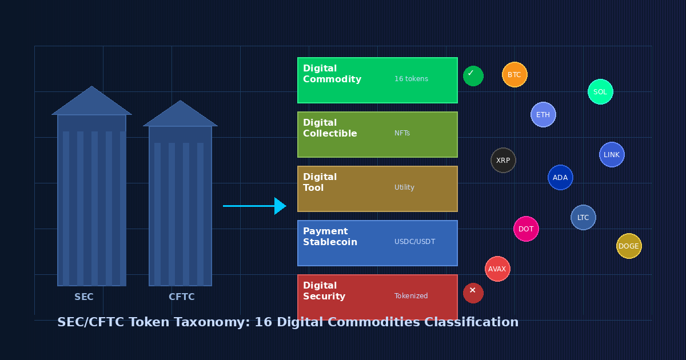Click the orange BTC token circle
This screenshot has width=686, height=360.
coord(514,75)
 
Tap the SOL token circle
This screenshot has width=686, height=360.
coord(600,92)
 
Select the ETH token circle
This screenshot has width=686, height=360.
coord(543,115)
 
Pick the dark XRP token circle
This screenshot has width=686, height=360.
coord(503,161)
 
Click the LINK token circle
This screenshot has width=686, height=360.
coord(612,155)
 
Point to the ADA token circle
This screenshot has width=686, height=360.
coord(560,178)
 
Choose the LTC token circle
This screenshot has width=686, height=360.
coord(583,218)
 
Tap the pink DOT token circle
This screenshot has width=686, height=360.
coord(526,229)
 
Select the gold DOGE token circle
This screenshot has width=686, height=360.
coord(629,246)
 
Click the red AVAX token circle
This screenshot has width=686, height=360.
coord(497,269)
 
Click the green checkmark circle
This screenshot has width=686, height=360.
coord(473,76)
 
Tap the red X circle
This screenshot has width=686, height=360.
coord(473,293)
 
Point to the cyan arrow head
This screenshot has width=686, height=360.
coord(280,206)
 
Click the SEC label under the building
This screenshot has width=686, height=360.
coord(84,297)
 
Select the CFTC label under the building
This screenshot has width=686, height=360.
coord(181,297)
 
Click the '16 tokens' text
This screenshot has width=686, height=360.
coord(411,79)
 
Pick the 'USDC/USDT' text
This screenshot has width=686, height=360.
coord(414,242)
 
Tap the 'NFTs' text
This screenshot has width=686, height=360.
coord(402,133)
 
